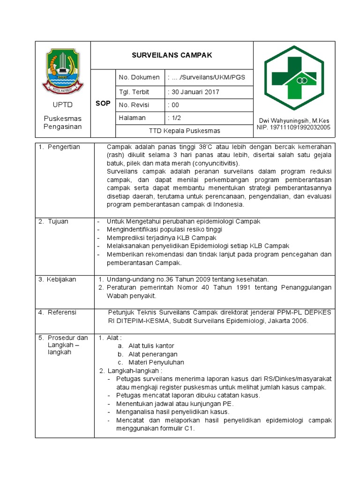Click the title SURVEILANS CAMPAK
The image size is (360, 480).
(172, 55)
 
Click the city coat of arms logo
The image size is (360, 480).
(62, 71)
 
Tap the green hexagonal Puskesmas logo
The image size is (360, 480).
(293, 78)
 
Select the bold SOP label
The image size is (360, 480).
(103, 103)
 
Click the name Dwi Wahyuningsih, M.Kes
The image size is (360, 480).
(294, 120)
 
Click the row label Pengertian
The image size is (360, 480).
(64, 147)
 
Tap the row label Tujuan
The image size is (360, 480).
(58, 221)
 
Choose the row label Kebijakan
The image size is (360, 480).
(61, 279)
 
